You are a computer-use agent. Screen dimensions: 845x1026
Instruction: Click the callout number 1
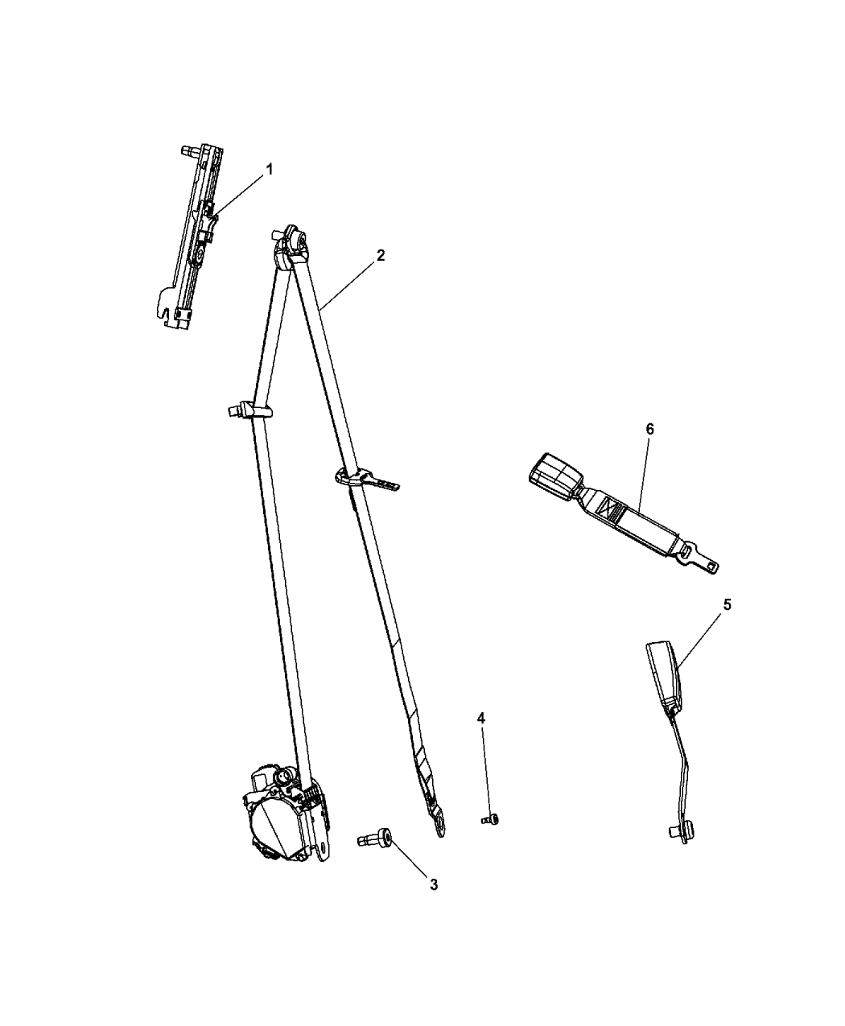(x=269, y=170)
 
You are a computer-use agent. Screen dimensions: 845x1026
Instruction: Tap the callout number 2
(x=381, y=256)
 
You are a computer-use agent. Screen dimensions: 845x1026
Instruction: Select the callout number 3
(x=434, y=884)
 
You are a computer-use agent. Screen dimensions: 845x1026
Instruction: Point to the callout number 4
(x=480, y=719)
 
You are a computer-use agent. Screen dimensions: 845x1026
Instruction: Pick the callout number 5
(x=727, y=605)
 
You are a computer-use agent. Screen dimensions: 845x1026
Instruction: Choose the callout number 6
(x=650, y=430)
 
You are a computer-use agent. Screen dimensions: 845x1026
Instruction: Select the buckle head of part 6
(x=556, y=475)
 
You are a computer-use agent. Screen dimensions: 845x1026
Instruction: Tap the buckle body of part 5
(x=665, y=677)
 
